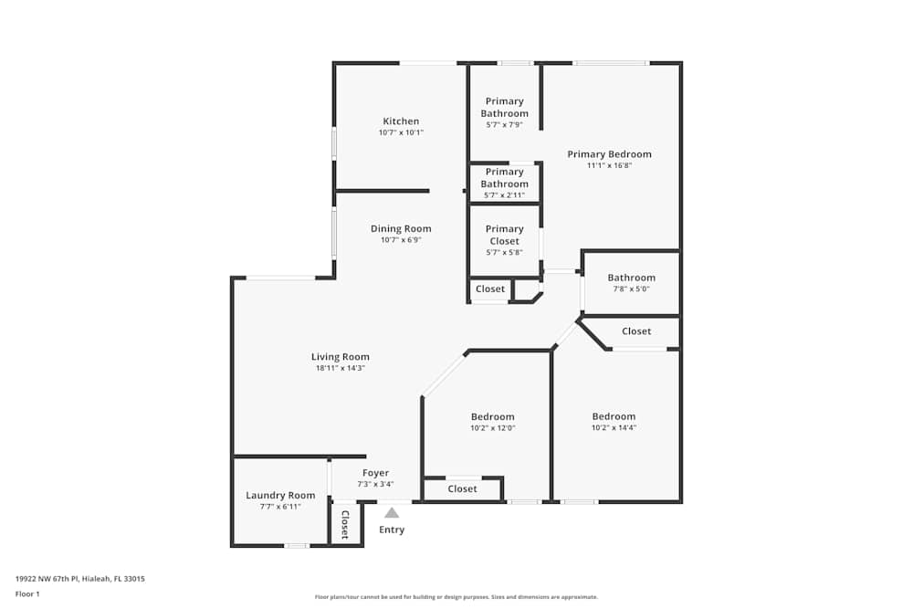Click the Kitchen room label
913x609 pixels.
[x=401, y=121]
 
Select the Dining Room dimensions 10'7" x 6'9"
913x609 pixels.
[x=401, y=240]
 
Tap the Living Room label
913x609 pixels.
[x=341, y=357]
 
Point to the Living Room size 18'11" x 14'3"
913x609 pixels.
[x=341, y=368]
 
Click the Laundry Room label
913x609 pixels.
[x=280, y=495]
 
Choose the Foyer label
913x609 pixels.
[x=375, y=473]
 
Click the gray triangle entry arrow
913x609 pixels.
[x=392, y=512]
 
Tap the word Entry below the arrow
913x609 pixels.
[x=392, y=530]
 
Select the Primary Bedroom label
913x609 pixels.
[x=609, y=154]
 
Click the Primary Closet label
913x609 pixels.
[x=505, y=235]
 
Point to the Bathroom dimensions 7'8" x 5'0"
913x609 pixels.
[x=631, y=289]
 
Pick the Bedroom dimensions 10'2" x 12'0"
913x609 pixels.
[x=492, y=428]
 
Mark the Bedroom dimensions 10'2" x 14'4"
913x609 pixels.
[x=614, y=428]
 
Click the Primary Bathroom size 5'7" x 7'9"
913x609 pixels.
[x=505, y=125]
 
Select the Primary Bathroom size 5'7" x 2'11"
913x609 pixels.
[x=505, y=194]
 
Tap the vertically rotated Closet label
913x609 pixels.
[x=345, y=525]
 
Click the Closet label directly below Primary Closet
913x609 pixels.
[x=490, y=289]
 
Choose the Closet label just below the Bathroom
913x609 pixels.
[x=636, y=331]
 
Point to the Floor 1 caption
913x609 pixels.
[x=27, y=593]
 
